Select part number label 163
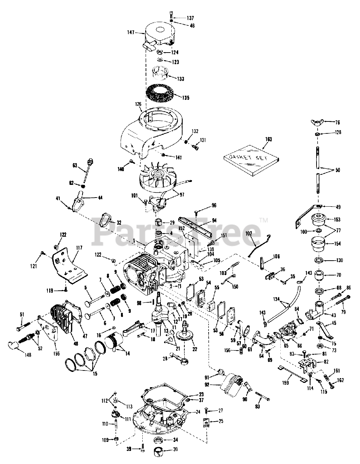click(268, 139)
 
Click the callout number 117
click(79, 249)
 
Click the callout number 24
click(198, 412)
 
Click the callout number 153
click(337, 219)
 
